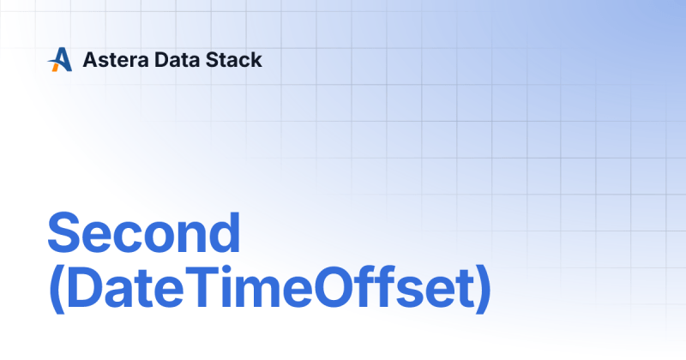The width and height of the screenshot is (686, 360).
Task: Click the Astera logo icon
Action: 59,59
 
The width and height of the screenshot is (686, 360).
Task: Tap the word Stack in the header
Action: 233,60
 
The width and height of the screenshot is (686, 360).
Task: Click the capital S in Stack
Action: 213,60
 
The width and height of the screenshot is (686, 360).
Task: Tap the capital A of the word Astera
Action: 89,60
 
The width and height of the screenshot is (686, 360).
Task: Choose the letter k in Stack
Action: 256,60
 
